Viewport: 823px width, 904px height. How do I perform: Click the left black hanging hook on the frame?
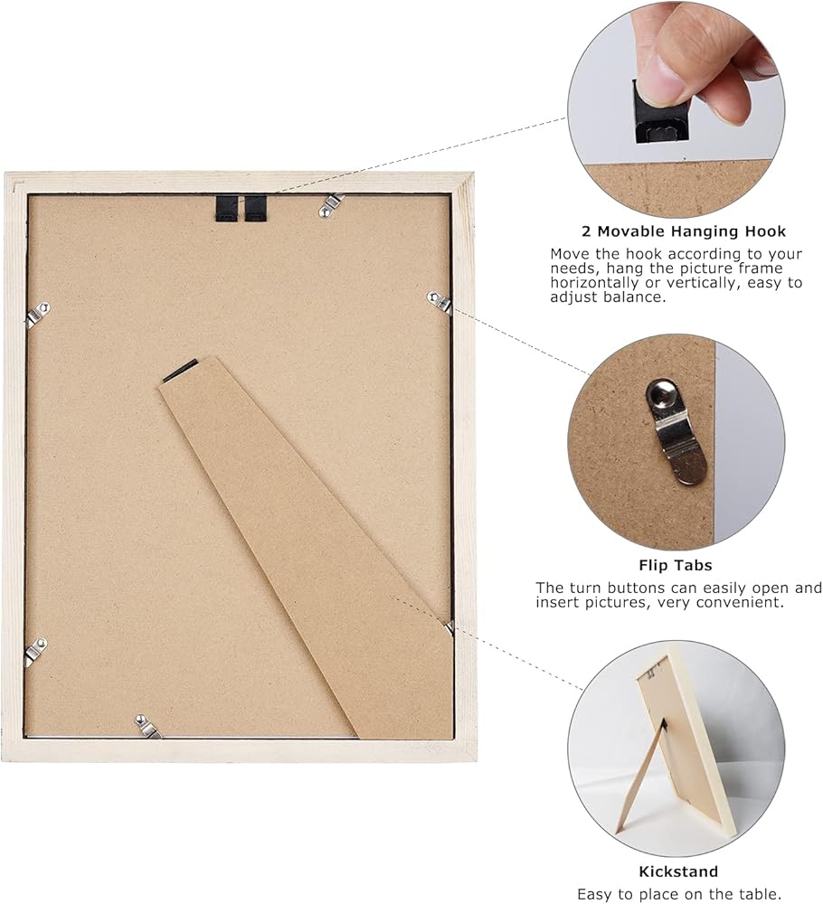coord(226,208)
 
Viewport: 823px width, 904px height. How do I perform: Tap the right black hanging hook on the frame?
coord(256,208)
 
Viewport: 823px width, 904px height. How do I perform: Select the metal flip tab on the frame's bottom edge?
coord(147,726)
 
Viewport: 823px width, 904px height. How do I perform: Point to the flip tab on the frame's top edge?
coord(330,204)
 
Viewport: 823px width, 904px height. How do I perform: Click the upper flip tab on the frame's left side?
coord(38,314)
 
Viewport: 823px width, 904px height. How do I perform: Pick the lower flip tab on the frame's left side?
coord(36,651)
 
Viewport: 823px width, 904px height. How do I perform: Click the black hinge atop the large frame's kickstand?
coord(181,370)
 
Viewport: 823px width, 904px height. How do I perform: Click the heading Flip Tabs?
coord(676,565)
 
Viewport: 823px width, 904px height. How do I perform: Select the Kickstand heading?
coord(678,871)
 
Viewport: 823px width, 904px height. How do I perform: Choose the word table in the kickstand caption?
coord(755,894)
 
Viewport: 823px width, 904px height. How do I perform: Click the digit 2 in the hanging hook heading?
coord(586,231)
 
